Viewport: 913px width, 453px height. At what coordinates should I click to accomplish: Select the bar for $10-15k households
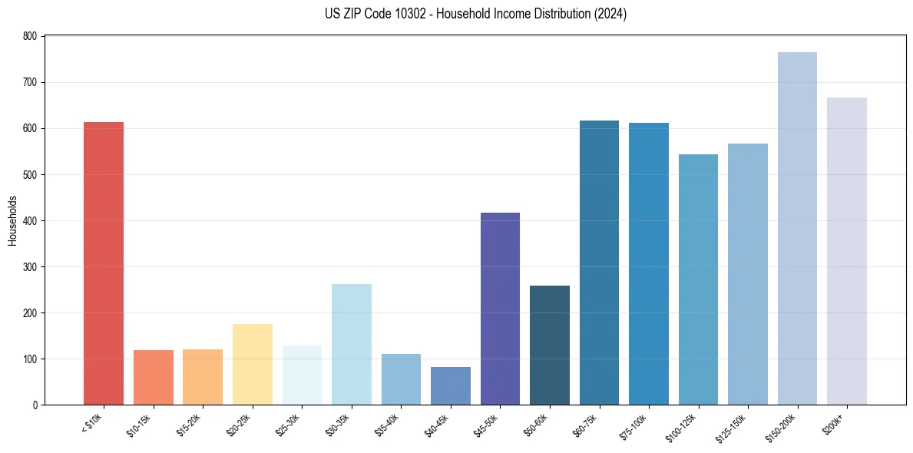click(x=154, y=377)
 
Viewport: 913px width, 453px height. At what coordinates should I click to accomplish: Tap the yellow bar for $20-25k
click(x=253, y=364)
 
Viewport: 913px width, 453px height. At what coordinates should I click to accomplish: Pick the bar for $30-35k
click(x=352, y=344)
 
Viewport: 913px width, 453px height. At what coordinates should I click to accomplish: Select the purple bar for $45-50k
click(x=500, y=309)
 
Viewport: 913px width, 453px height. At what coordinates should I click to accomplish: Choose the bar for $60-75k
click(x=599, y=263)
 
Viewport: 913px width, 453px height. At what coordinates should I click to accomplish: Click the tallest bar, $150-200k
click(x=797, y=228)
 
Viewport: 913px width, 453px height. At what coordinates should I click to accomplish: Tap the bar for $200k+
click(x=847, y=251)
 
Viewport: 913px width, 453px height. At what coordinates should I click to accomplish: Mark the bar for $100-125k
click(x=698, y=279)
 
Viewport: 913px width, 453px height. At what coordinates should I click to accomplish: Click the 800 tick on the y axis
click(x=30, y=36)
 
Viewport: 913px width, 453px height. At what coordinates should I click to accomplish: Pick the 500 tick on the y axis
click(x=30, y=174)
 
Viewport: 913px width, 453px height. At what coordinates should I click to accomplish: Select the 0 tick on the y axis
click(x=35, y=405)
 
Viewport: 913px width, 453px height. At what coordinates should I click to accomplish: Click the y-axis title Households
click(x=13, y=220)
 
